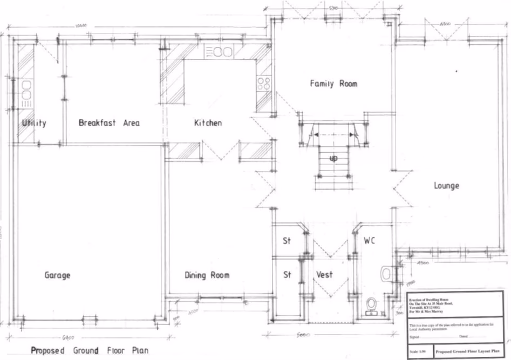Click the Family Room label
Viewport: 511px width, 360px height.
[333, 84]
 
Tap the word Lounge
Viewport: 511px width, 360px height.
[446, 186]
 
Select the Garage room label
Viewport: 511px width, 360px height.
[57, 275]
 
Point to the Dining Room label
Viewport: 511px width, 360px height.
[207, 275]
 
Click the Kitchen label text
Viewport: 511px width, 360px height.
[208, 123]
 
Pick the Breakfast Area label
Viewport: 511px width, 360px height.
[108, 123]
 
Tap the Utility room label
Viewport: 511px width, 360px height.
[34, 123]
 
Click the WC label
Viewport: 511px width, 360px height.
[369, 240]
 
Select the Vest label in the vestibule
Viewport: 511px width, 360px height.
[324, 275]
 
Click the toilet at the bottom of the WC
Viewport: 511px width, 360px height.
[371, 305]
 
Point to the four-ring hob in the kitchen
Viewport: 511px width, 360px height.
[263, 84]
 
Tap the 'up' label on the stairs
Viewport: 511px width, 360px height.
[333, 159]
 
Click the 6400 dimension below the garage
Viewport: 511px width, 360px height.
[68, 338]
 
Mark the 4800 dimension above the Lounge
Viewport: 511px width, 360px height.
[446, 25]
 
